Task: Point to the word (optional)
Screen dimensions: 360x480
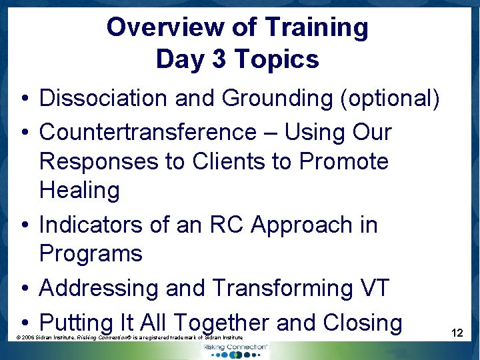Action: coord(389,98)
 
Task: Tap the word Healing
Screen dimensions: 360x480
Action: coord(79,190)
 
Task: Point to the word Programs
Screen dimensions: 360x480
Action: coord(91,253)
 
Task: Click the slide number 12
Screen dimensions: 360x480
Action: coord(457,332)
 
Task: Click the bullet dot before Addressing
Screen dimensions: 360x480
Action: coord(24,289)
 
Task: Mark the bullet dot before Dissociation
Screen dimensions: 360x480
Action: coord(24,99)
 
